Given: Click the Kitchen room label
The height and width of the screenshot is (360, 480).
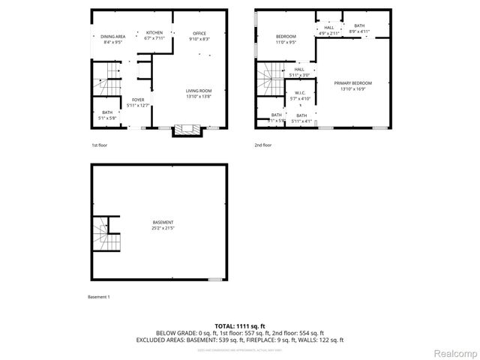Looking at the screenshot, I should coord(154,35).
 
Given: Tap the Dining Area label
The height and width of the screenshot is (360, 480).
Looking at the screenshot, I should coord(112,40).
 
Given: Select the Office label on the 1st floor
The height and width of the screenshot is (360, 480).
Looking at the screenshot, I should coord(199,36).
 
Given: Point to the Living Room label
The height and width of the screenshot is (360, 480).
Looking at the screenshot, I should coord(199,93).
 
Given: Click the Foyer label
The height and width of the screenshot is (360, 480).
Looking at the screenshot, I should coord(138,103).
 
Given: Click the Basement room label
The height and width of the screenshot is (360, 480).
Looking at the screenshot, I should coord(163,225).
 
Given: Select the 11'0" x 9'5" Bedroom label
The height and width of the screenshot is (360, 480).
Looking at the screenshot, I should coord(286,40).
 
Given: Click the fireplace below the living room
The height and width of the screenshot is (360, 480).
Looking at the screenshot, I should coord(187,130).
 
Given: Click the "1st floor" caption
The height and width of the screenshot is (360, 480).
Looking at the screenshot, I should coord(100,145).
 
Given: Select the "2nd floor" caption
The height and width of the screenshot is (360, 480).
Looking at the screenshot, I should coord(262,145).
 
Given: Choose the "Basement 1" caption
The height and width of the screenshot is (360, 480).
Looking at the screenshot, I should coord(98,298).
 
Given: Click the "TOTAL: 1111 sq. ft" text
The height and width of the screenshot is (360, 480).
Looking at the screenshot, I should coord(239,325).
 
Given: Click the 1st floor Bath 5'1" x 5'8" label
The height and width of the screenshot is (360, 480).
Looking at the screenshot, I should coord(107,115).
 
